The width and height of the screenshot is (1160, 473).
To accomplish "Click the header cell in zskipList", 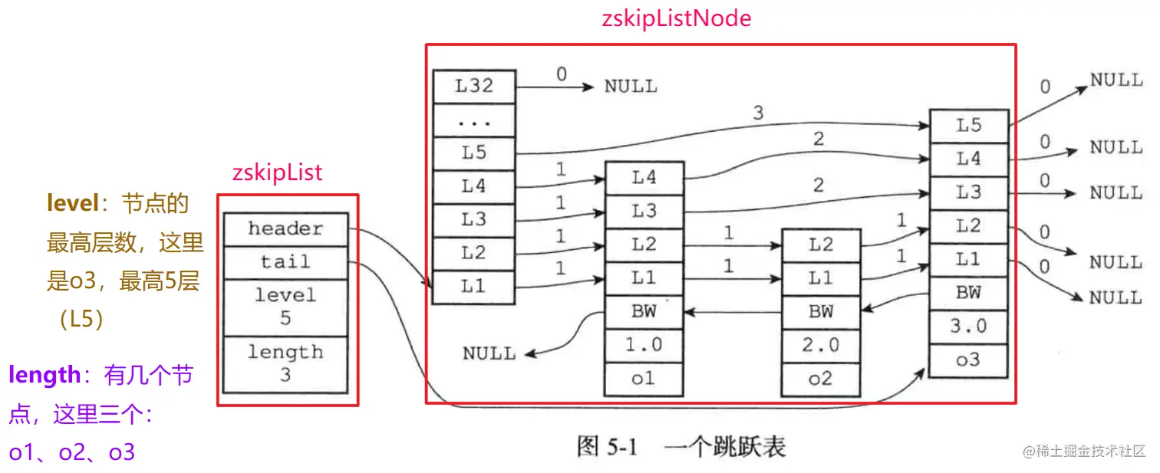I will click(285, 228).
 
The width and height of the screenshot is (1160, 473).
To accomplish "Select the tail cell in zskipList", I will click(285, 261).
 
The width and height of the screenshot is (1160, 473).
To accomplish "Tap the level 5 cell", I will click(285, 306).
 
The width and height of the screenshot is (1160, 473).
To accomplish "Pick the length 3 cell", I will click(285, 363).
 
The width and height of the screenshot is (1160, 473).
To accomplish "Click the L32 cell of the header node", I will click(473, 86).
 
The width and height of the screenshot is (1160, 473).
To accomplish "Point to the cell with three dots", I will click(473, 120).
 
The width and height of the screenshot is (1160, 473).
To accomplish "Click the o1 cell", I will click(644, 379).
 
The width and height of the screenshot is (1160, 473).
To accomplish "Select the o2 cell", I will click(820, 379).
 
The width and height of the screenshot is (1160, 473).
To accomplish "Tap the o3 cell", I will click(968, 360).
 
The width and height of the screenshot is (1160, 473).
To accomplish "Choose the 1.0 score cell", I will click(644, 344).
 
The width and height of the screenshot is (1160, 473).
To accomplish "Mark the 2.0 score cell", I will click(820, 344).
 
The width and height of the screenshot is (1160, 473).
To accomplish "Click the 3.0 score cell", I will click(968, 326).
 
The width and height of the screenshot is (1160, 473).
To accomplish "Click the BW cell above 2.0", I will click(820, 311).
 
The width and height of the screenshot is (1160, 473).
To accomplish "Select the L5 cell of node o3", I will click(968, 125).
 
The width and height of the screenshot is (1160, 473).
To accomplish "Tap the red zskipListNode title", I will click(677, 18).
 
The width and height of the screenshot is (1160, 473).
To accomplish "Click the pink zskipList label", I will click(277, 172).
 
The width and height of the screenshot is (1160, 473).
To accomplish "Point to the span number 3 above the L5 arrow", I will click(758, 113).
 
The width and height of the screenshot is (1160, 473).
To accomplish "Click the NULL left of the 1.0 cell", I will click(489, 353).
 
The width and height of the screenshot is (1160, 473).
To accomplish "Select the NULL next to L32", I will click(631, 87).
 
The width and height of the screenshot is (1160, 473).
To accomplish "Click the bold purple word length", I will click(44, 375).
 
